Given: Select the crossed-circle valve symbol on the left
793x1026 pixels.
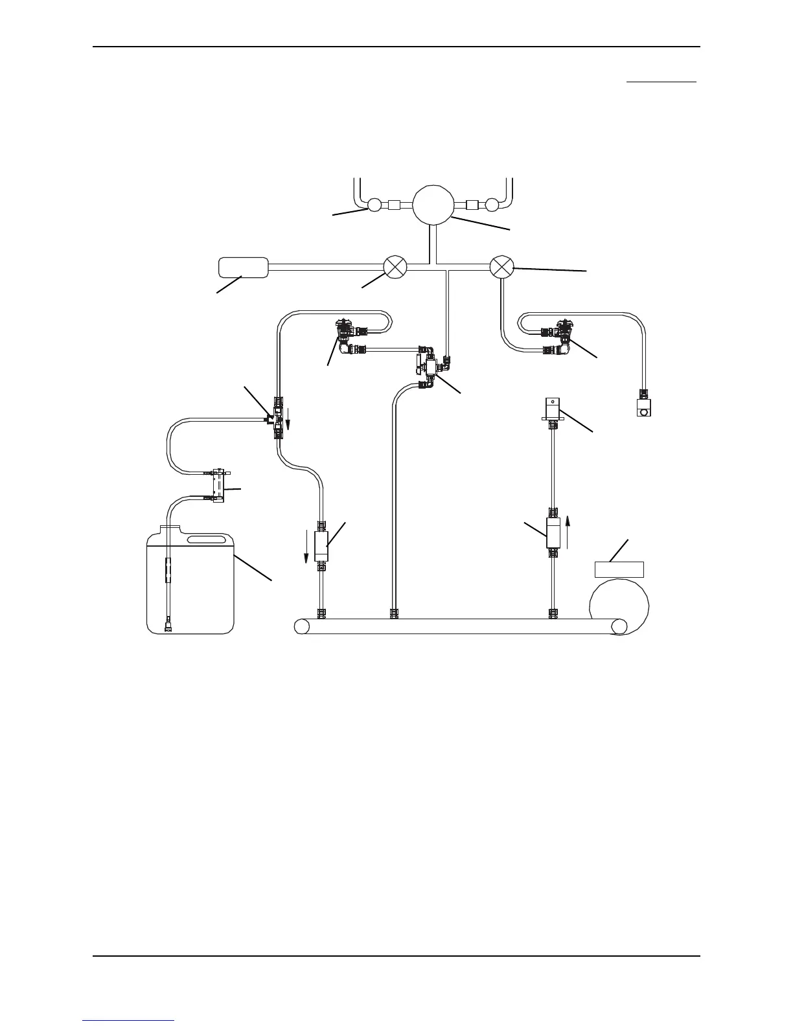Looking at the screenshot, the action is click(x=395, y=267).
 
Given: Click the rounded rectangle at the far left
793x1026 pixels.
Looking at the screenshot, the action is click(x=244, y=267).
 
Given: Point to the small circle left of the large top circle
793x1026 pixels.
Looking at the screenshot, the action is click(x=374, y=205).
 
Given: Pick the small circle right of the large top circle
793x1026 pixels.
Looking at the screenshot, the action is click(x=492, y=205).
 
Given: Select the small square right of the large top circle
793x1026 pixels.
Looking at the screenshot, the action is click(x=472, y=205).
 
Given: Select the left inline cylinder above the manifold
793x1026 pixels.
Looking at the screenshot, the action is click(x=321, y=545).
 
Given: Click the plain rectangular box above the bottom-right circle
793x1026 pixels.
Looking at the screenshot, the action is click(x=619, y=569).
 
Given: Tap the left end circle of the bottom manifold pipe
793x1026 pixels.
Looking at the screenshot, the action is click(x=301, y=626).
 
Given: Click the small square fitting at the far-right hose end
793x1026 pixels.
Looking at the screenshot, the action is click(x=643, y=408).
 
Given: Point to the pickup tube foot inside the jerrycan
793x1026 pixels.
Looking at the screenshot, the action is click(x=168, y=626).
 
